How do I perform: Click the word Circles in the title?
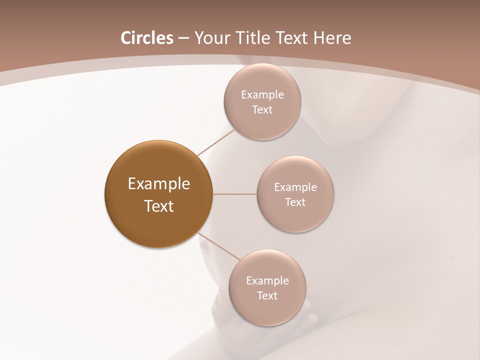[x=146, y=38]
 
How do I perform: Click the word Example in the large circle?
[x=159, y=184]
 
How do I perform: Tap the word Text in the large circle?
[x=159, y=206]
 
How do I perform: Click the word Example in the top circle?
[x=262, y=94]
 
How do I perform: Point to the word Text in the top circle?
[x=262, y=109]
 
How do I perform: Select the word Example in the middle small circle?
[x=295, y=187]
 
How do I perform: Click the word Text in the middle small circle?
[x=295, y=202]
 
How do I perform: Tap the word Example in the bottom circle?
[x=267, y=280]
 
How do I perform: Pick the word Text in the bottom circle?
[x=267, y=295]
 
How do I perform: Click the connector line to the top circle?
[x=216, y=142]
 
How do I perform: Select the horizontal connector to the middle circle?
[x=235, y=194]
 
